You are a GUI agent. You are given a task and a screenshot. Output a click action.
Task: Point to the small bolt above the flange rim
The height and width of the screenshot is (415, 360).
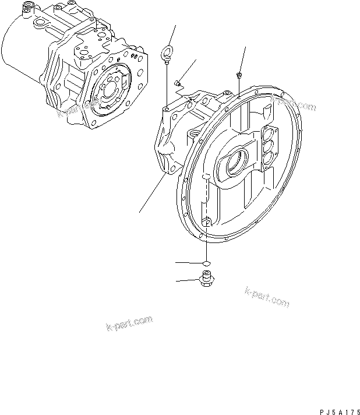239,76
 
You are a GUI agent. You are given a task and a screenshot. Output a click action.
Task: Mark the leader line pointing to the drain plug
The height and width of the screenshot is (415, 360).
188,281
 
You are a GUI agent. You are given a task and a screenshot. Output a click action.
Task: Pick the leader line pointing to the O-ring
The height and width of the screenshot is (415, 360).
189,263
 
